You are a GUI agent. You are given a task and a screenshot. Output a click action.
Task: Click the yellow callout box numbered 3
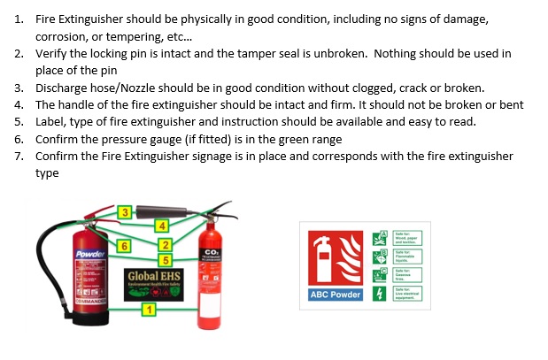pos(126,211)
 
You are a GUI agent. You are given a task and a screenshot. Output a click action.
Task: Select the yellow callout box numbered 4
pos(161,226)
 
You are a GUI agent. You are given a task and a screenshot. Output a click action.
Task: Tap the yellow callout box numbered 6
pos(125,245)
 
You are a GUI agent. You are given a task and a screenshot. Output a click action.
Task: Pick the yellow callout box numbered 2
pos(164,244)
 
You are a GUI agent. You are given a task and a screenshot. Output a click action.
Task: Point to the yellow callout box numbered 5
pos(164,259)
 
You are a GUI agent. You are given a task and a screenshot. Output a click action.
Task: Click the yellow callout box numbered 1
pos(149,309)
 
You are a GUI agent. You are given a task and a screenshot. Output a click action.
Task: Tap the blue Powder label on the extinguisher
pos(89,255)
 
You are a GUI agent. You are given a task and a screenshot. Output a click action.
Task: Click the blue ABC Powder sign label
pos(334,294)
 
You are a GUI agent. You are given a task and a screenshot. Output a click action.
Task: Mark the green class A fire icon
pos(379,237)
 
